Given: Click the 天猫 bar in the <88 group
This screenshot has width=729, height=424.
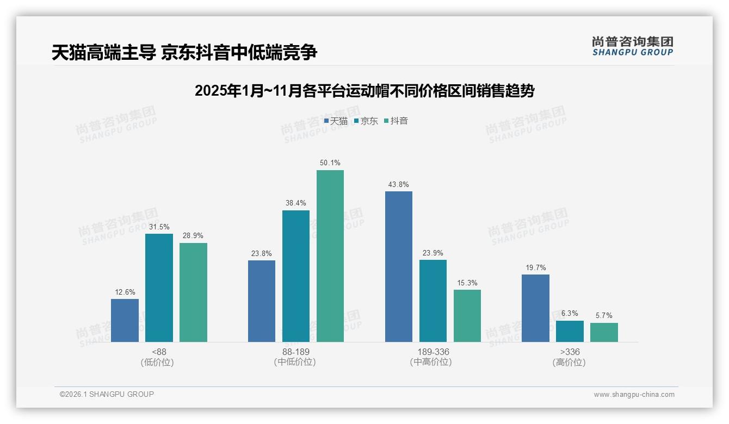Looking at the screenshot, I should click(125, 320).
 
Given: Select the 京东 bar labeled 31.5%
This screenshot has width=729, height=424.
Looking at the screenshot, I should click(159, 288).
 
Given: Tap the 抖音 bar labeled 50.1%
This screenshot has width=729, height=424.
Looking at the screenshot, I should click(330, 256).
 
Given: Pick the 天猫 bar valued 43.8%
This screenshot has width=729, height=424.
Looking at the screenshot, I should click(399, 266).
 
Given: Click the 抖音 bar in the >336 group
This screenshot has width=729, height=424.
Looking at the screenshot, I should click(604, 332).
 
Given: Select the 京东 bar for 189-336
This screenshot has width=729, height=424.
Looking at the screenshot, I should click(433, 301).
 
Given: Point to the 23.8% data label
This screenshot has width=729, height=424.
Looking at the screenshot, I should click(262, 253).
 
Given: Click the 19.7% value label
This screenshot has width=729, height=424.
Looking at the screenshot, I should click(535, 267).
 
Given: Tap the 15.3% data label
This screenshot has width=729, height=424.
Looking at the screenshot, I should click(467, 283).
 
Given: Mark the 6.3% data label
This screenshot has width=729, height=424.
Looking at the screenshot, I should click(570, 314).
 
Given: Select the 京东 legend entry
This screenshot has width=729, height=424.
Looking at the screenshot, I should click(366, 121).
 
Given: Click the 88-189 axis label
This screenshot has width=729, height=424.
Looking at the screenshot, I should click(296, 352).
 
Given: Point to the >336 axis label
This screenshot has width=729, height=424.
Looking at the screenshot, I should click(570, 352).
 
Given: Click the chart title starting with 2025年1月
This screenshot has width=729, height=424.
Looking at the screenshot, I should click(364, 91).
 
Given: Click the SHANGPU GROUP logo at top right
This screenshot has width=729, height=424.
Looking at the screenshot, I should click(632, 46).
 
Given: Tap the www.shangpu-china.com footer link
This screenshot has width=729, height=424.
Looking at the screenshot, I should click(634, 394).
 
